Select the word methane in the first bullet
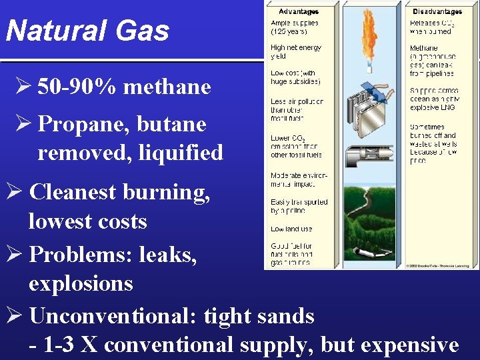(x=167, y=87)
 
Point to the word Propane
(x=75, y=125)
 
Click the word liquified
(x=181, y=153)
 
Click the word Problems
(x=77, y=254)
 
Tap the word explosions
(x=81, y=283)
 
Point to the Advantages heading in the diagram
(x=298, y=11)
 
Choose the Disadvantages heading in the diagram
(x=437, y=11)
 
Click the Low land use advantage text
(x=291, y=229)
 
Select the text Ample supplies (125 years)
(x=294, y=27)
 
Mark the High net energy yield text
(x=295, y=52)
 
